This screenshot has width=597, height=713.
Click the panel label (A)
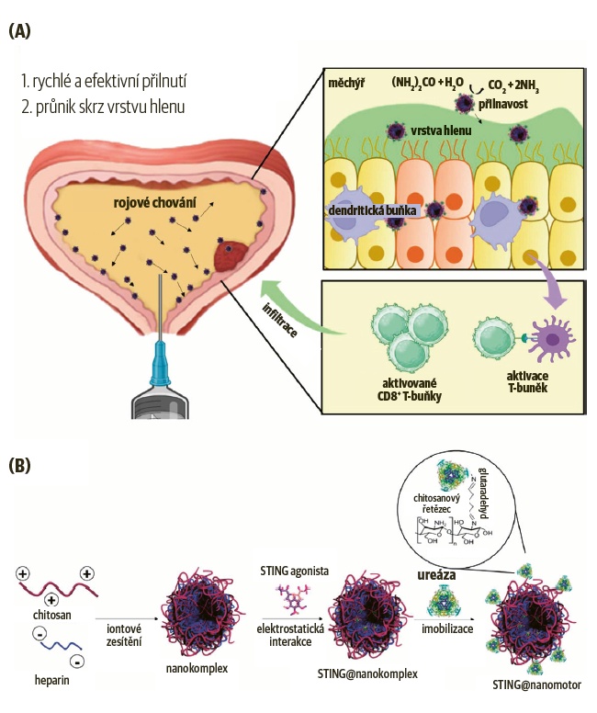tap(19, 31)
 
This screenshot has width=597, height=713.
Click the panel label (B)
tap(19, 466)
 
